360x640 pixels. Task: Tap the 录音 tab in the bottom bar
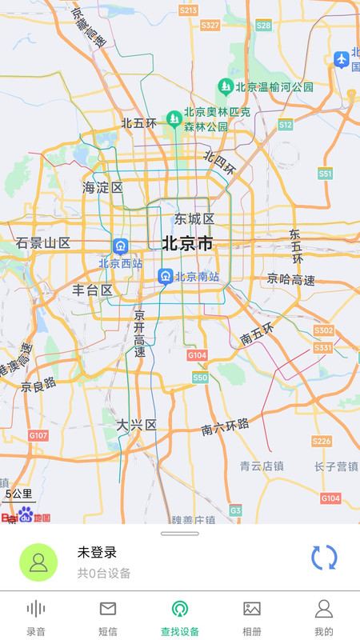tap(36, 618)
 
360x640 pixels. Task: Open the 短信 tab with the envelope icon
tap(108, 618)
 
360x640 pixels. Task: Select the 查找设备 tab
tap(180, 618)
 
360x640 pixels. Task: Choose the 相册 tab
tap(252, 618)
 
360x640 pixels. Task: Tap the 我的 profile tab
tap(324, 618)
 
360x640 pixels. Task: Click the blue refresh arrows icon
tap(324, 558)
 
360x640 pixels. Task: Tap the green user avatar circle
tap(38, 562)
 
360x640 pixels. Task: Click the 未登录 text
tap(97, 552)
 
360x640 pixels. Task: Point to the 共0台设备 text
tap(104, 573)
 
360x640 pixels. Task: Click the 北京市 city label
tap(187, 243)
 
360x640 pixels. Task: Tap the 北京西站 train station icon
tap(120, 246)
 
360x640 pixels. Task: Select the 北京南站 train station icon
tap(166, 277)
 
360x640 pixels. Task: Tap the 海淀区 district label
tap(102, 188)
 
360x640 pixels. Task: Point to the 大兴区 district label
tap(136, 424)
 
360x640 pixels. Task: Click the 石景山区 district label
tap(43, 243)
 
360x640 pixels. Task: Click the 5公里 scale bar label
tap(18, 494)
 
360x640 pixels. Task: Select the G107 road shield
tap(38, 435)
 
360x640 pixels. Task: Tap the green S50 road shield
tap(200, 378)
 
